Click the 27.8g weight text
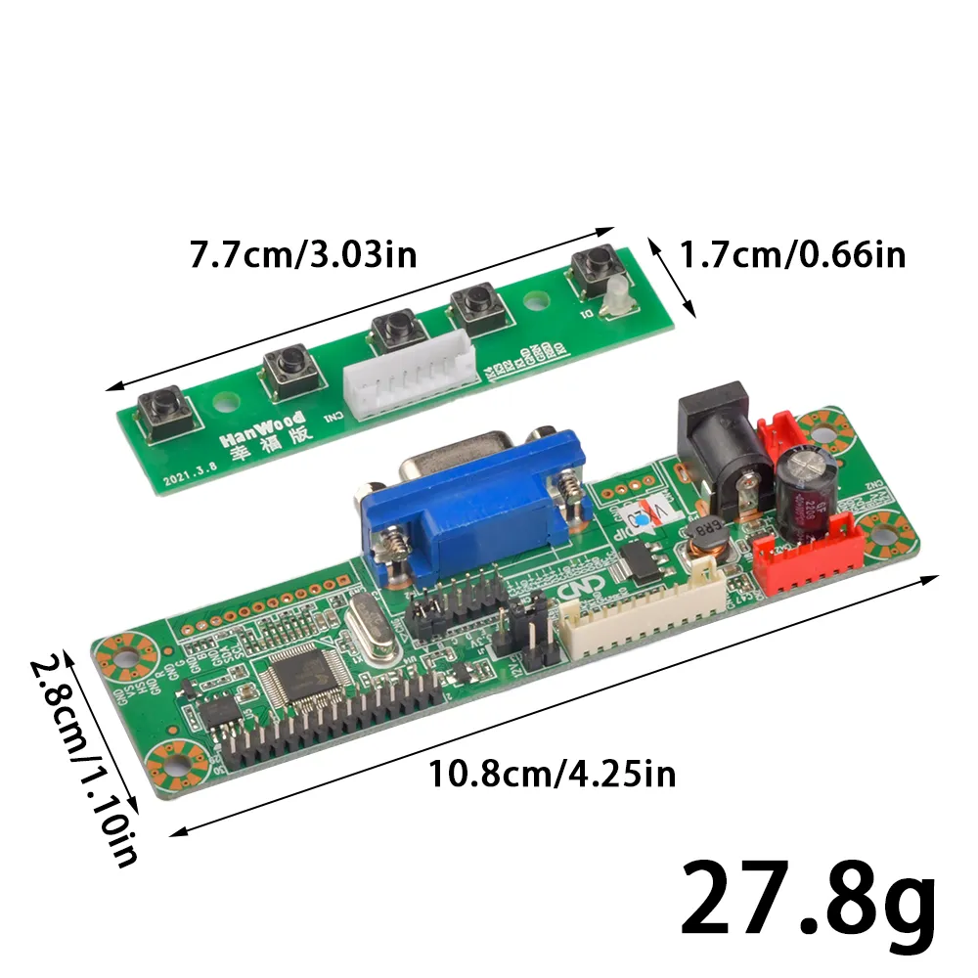pyautogui.click(x=808, y=900)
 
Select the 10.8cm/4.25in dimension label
pyautogui.click(x=553, y=775)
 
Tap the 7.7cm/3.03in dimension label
pyautogui.click(x=303, y=255)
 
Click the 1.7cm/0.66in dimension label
pyautogui.click(x=792, y=255)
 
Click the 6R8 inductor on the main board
pyautogui.click(x=704, y=535)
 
